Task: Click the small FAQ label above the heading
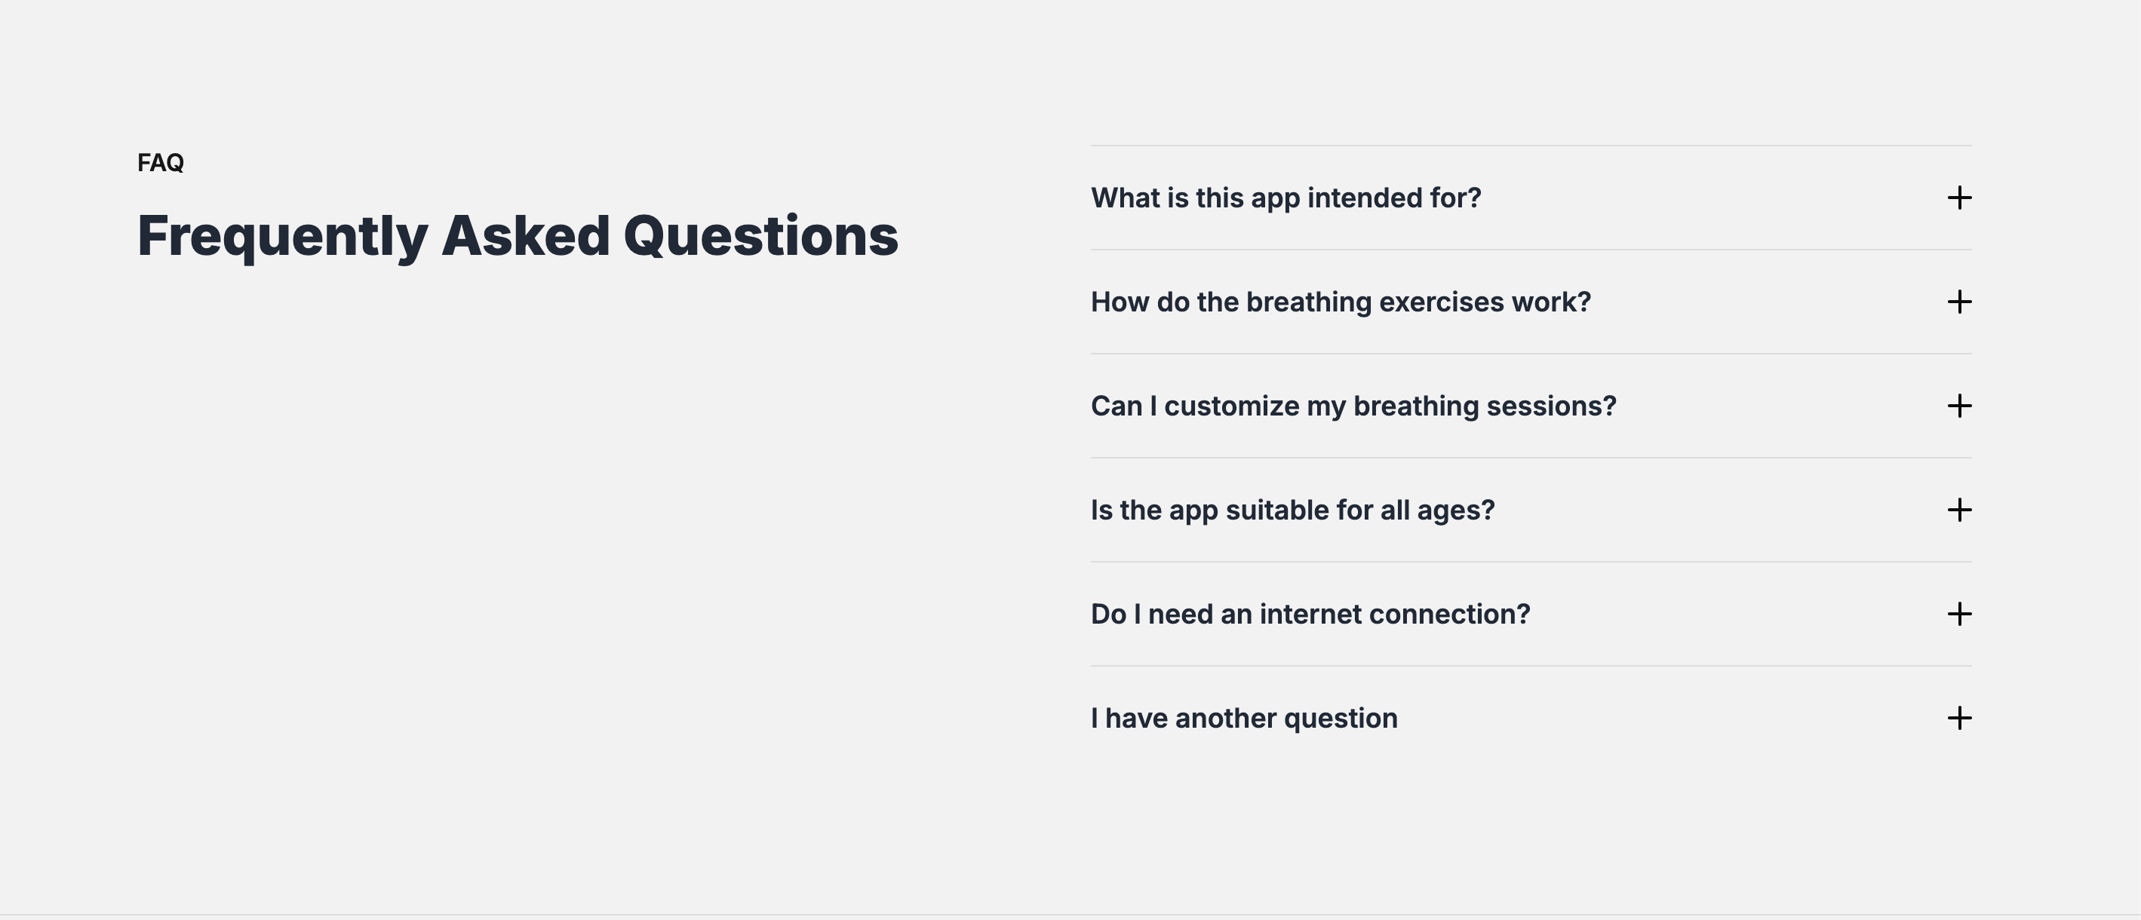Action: point(161,162)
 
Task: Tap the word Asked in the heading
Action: point(525,236)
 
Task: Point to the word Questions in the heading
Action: point(760,236)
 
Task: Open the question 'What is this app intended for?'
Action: point(1286,198)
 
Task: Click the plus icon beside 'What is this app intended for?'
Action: point(1959,198)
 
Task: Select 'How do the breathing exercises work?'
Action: point(1340,302)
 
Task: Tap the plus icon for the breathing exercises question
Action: point(1959,302)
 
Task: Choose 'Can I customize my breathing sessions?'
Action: point(1353,406)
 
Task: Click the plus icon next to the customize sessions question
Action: point(1959,406)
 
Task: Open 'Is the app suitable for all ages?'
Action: point(1292,510)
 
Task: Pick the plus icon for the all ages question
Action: point(1959,510)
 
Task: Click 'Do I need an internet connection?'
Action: point(1310,614)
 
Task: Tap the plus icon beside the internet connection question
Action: point(1959,614)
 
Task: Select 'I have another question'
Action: point(1243,718)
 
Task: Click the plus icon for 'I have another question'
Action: point(1959,718)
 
